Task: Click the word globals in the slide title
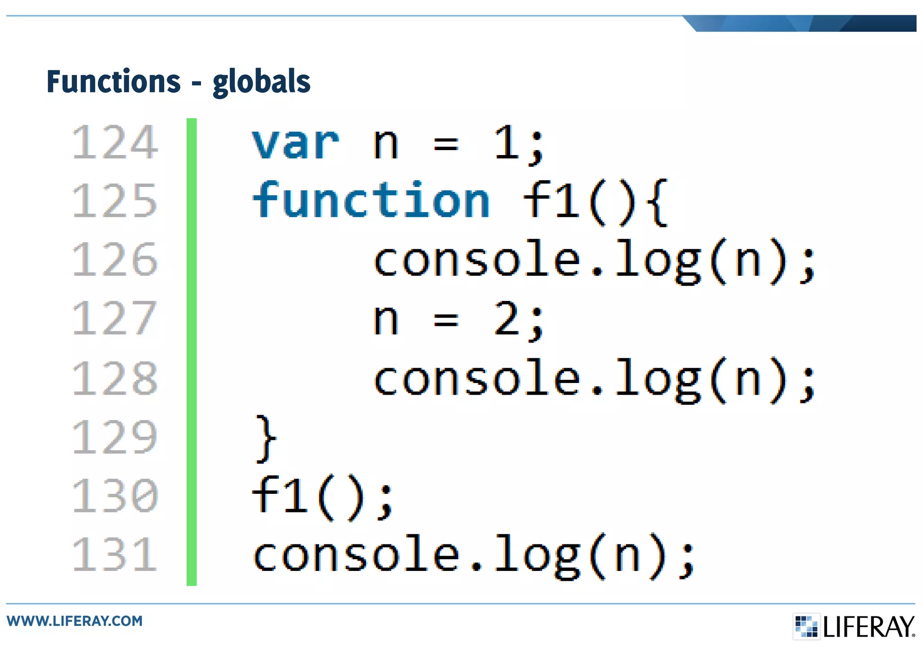tap(261, 82)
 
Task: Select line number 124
tap(115, 143)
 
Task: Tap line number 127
tap(115, 319)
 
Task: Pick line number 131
tap(115, 554)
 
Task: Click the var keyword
tap(295, 143)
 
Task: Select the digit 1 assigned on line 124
tap(506, 143)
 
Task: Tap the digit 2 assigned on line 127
tap(507, 319)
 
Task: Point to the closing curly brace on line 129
tap(266, 438)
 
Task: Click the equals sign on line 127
tap(446, 319)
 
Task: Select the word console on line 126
tap(477, 260)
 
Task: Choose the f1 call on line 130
tap(279, 496)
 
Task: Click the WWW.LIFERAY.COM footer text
tap(74, 621)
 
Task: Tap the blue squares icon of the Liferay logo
tap(806, 626)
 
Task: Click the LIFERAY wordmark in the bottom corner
tap(869, 627)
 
